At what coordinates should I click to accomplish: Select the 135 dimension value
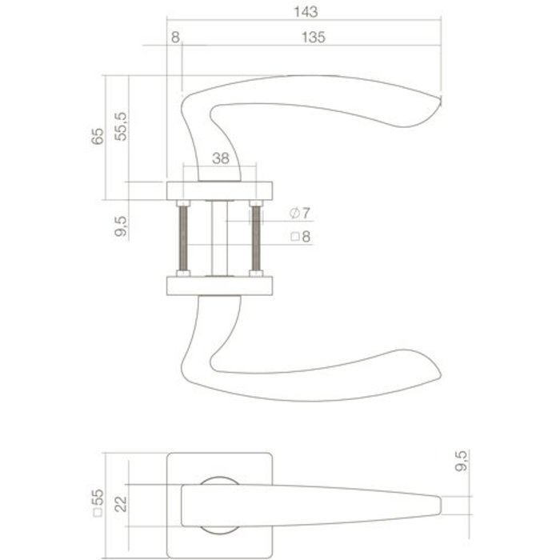[x=313, y=38]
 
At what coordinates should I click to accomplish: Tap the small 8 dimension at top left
[x=175, y=38]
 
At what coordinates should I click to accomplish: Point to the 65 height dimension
[x=98, y=135]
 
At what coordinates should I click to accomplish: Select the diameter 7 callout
[x=302, y=213]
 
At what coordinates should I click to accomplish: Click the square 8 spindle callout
[x=301, y=237]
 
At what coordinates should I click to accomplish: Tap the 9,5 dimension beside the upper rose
[x=121, y=226]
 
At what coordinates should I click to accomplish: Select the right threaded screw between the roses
[x=256, y=238]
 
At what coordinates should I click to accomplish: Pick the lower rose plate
[x=220, y=286]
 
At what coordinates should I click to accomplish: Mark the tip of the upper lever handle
[x=439, y=102]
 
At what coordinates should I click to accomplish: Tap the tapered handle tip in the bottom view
[x=440, y=506]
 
